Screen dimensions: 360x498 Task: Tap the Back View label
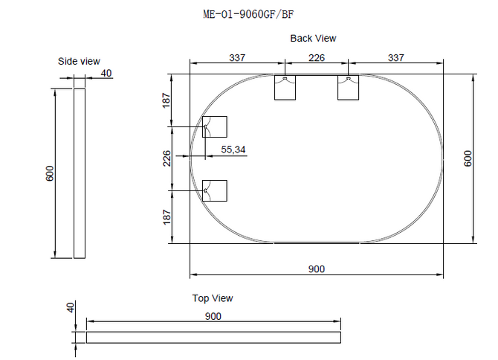pos(313,38)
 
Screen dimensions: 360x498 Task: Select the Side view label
pos(79,61)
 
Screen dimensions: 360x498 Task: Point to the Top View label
pos(213,298)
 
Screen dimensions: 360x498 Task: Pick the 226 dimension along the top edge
pos(317,57)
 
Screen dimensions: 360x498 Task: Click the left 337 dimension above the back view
pos(237,57)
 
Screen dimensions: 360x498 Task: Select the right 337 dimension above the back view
pos(396,57)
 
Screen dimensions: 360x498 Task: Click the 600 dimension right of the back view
pos(468,158)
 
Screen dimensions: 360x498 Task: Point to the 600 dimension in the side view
pos(49,173)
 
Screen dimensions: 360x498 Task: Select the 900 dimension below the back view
pos(317,269)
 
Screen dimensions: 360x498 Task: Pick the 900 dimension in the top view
pos(213,316)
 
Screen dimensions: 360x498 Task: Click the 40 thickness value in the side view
pos(106,73)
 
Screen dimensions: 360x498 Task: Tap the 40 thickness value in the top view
pos(71,307)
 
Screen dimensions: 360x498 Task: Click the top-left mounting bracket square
pos(285,88)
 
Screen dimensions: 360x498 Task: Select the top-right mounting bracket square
pos(349,88)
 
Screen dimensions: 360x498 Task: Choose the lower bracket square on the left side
pos(215,190)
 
